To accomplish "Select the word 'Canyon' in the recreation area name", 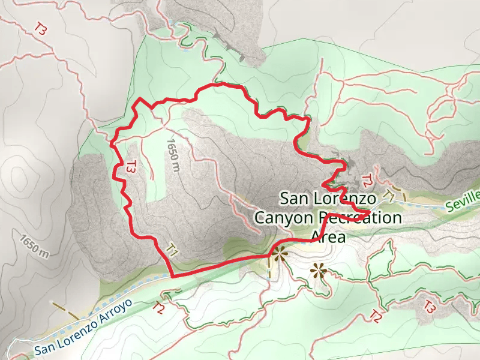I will pos(284,217).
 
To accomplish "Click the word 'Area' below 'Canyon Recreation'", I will pos(329,236).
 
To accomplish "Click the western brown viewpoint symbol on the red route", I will pos(279,254).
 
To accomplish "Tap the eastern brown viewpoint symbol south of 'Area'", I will pos(317,271).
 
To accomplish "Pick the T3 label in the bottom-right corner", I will pos(428,307).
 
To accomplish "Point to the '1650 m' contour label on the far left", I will pos(34,245).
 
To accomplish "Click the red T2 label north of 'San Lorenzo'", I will pos(367,179).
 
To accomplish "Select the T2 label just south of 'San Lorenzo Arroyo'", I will pos(159,308).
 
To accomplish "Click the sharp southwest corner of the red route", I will pos(173,277).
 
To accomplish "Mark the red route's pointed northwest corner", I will pos(139,98).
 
